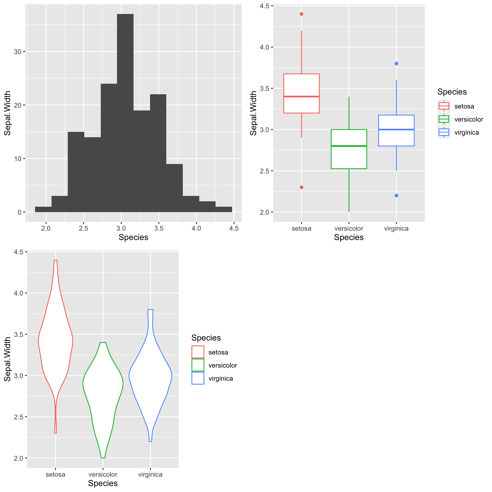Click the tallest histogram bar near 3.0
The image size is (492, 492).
click(125, 114)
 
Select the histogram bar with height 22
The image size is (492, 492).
click(158, 154)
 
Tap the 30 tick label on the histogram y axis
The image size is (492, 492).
click(18, 52)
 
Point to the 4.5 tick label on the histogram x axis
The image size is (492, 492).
click(234, 228)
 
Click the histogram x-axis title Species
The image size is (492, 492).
click(133, 237)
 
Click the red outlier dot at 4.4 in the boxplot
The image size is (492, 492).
click(302, 14)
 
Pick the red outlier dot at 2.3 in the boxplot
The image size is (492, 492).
click(302, 187)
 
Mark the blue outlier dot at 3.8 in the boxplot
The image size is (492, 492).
click(396, 63)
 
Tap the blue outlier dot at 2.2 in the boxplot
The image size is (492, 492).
click(396, 196)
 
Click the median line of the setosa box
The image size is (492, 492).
click(302, 97)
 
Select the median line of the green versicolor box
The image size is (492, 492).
click(349, 146)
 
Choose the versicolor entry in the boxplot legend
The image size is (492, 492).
click(469, 119)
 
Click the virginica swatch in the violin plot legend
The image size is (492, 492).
click(198, 378)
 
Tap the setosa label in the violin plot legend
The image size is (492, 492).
click(218, 352)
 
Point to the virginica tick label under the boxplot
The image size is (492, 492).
click(396, 228)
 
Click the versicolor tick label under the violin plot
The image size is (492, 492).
click(103, 474)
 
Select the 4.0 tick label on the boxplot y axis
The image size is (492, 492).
click(265, 47)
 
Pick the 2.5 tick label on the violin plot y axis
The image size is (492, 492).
click(19, 417)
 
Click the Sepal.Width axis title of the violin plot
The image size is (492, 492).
click(8, 359)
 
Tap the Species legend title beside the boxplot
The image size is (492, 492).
click(452, 92)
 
